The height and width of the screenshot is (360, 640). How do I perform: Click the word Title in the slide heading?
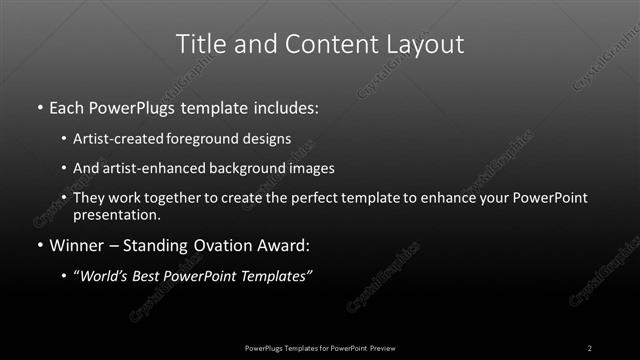coord(199,44)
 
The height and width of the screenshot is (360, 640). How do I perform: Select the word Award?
coord(289,244)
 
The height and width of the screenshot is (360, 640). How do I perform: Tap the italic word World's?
coord(105,276)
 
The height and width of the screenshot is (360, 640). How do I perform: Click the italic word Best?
coord(153,276)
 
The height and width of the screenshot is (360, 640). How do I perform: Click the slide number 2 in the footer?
coord(590,348)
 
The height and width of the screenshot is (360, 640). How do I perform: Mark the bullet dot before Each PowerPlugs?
coord(39,107)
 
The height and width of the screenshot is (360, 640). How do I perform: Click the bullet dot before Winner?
coord(39,245)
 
